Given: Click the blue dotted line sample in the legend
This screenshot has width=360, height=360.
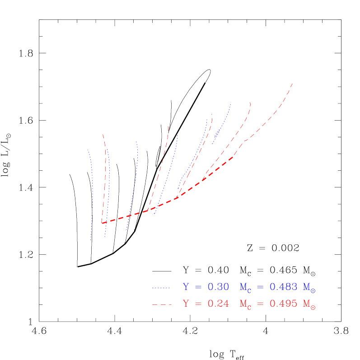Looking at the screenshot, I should [x=162, y=288].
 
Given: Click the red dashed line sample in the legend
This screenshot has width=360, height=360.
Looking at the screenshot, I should [x=162, y=305].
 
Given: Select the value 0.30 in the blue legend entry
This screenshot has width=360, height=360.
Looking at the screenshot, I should [x=218, y=287].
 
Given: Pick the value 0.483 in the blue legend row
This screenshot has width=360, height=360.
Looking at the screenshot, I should [x=283, y=287].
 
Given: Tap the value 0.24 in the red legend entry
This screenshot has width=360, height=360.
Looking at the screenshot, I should [x=218, y=304].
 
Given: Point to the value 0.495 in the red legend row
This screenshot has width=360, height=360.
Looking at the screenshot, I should [x=283, y=304].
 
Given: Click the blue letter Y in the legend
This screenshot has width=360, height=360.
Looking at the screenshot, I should [x=186, y=287].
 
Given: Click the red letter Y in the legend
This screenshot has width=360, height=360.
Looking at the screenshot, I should [x=186, y=304].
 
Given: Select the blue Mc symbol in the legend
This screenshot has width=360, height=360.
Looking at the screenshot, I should [x=245, y=288].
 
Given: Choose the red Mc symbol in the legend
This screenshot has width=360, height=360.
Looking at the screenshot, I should [x=245, y=305].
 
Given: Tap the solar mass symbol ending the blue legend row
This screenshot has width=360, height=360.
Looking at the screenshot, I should [x=309, y=288].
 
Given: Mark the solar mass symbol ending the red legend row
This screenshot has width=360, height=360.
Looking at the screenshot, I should [x=309, y=305].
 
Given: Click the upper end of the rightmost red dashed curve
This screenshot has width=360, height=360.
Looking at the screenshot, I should [x=293, y=84].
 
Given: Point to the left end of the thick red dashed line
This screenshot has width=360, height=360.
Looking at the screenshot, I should [x=102, y=223].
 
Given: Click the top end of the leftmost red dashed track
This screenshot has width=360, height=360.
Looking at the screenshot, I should [x=103, y=135].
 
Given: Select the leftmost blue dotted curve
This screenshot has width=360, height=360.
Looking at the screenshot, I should [x=92, y=194].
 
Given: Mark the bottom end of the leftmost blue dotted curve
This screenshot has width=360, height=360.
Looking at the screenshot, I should [x=91, y=240].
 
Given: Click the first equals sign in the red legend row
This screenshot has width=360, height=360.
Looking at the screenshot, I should [x=198, y=304].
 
